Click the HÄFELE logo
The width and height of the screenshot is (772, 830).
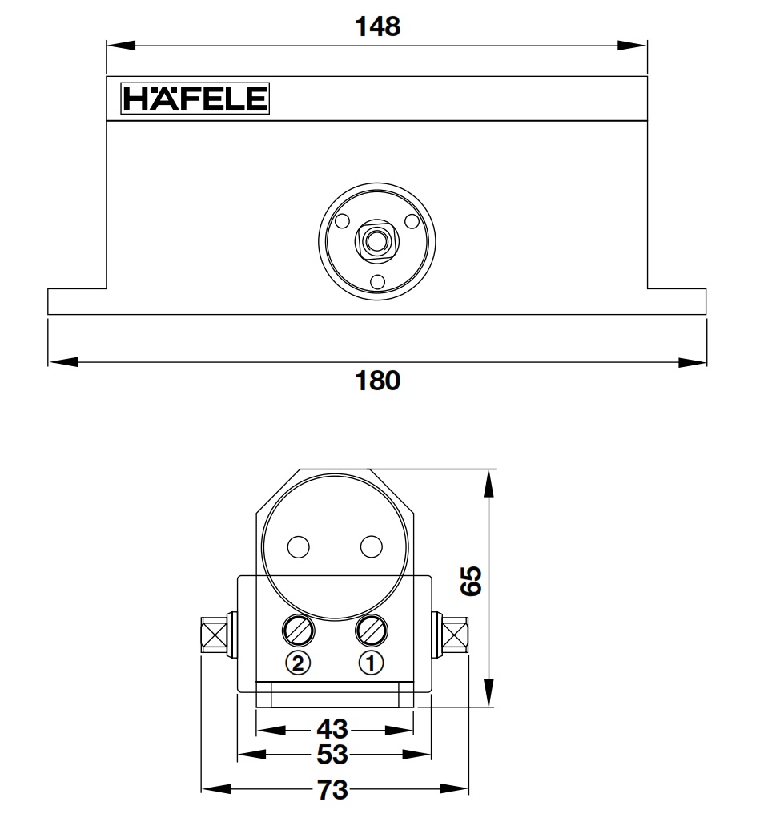[x=195, y=99]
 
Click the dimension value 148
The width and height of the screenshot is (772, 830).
[x=376, y=26]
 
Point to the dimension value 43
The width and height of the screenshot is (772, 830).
[x=333, y=729]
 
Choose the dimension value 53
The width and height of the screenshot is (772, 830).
[x=333, y=755]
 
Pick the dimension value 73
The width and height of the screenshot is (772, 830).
[x=333, y=790]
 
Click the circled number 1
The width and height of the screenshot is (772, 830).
[x=371, y=663]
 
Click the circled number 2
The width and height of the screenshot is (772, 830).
[x=298, y=663]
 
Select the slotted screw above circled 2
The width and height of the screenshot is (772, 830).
[x=298, y=631]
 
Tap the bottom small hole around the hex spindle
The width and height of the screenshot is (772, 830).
[x=376, y=280]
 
